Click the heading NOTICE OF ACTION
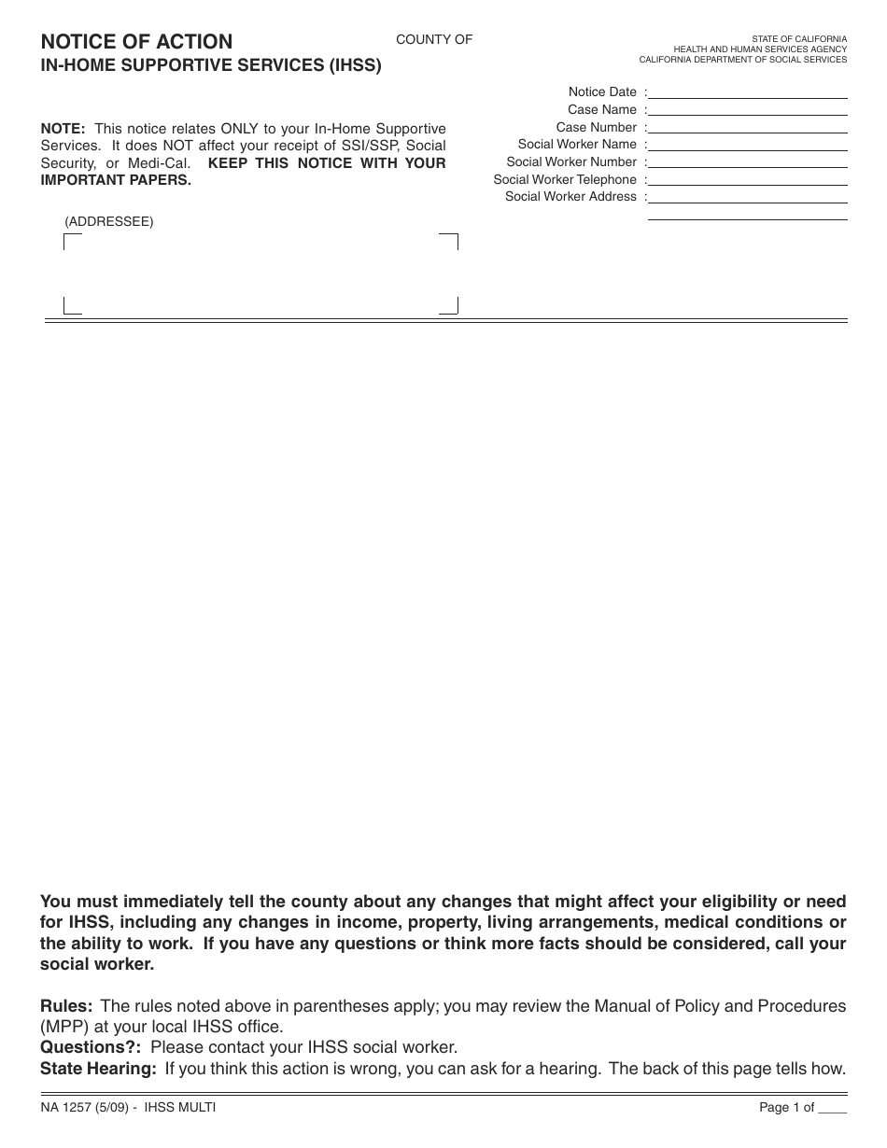click(136, 42)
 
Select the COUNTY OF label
click(434, 39)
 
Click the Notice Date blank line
click(747, 92)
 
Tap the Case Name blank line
click(747, 110)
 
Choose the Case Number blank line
click(747, 128)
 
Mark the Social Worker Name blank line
click(747, 145)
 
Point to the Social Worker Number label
click(571, 162)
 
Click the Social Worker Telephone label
click(565, 179)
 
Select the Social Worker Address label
click(570, 197)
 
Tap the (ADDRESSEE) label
click(109, 222)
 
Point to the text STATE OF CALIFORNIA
click(799, 39)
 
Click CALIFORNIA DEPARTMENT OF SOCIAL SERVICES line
click(742, 60)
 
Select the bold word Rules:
click(66, 1006)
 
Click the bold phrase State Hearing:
click(98, 1069)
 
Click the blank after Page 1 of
click(832, 1109)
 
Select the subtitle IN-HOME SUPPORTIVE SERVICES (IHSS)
click(210, 67)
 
